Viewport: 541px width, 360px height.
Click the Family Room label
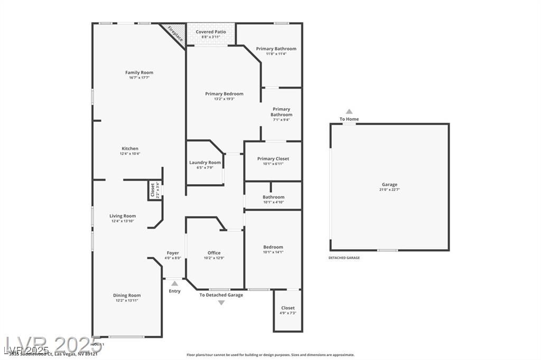click(139, 73)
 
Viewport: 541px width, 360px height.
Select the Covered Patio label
click(211, 32)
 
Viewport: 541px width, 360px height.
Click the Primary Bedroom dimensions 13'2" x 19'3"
click(224, 99)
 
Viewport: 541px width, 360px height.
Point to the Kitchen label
click(130, 149)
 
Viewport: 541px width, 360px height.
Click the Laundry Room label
click(205, 163)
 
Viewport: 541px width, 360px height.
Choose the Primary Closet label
click(273, 159)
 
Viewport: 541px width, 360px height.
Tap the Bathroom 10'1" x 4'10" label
click(273, 197)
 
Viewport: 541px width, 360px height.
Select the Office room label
click(214, 253)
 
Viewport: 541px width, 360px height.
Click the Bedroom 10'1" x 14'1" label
click(273, 247)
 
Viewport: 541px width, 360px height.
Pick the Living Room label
click(123, 216)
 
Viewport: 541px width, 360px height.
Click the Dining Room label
click(127, 296)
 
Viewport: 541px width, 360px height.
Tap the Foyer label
click(172, 253)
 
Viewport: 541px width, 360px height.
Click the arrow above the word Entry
click(174, 284)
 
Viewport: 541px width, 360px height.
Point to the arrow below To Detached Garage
click(221, 302)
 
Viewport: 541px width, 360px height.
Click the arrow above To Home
click(349, 111)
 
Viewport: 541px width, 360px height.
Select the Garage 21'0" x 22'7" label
click(390, 185)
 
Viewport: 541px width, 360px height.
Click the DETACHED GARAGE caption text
click(344, 258)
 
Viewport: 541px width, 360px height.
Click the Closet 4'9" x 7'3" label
click(288, 308)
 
